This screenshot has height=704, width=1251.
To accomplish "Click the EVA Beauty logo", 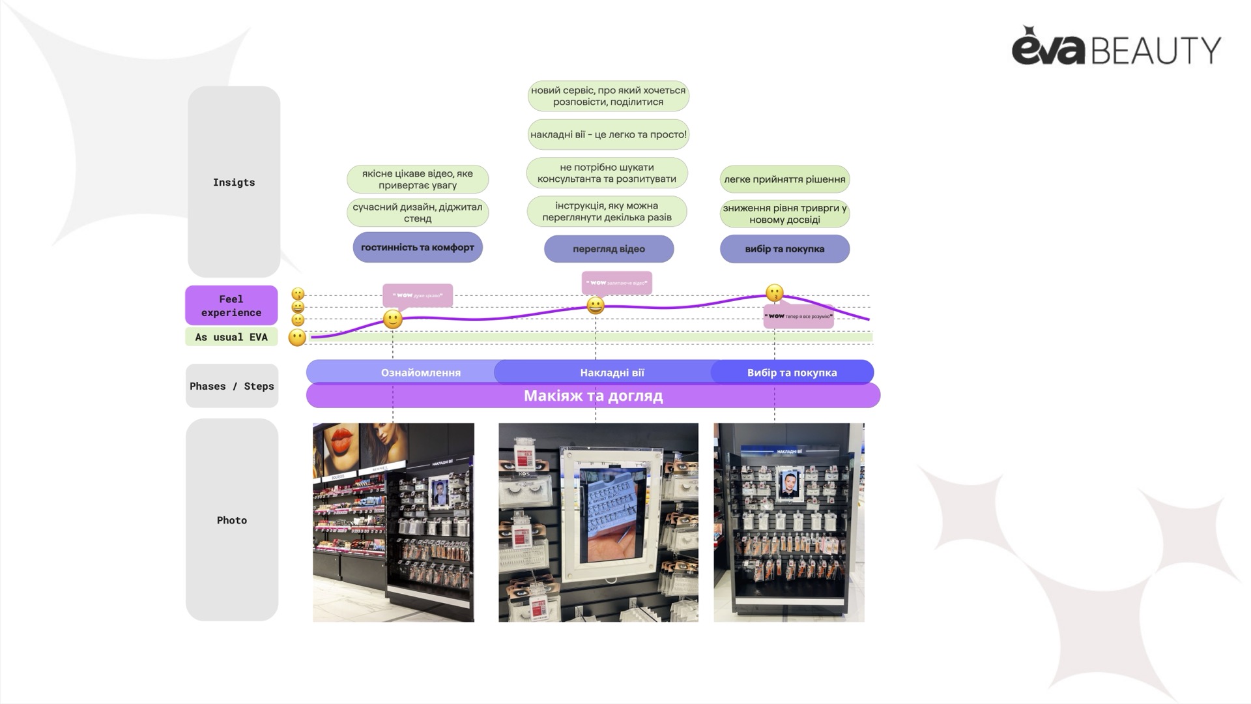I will pos(1115,47).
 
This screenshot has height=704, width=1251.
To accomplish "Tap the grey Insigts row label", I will pos(234,182).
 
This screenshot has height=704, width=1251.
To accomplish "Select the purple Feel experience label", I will pos(231,305).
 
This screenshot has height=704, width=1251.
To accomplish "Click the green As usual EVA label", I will pos(231,337).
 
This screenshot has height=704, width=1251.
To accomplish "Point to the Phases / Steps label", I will pos(232,386).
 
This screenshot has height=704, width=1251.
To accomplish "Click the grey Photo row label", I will pos(232,520).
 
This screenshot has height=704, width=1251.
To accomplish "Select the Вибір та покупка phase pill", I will pos(792,372).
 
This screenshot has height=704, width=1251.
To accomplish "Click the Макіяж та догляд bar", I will pos(593,396).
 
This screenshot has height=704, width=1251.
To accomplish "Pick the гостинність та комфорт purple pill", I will pos(418,248).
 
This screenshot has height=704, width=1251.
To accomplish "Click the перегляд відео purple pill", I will pos(609,249).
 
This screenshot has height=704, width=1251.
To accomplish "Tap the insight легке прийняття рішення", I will pos(784,179).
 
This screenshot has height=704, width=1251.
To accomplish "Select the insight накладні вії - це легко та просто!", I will pos(608,135).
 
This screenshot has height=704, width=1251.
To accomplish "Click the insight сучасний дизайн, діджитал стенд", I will pos(418,213).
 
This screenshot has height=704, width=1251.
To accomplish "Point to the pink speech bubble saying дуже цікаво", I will pos(418,295).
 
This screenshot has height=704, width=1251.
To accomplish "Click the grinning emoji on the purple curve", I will pos(595,305).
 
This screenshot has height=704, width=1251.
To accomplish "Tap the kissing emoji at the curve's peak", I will pos(774,293).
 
